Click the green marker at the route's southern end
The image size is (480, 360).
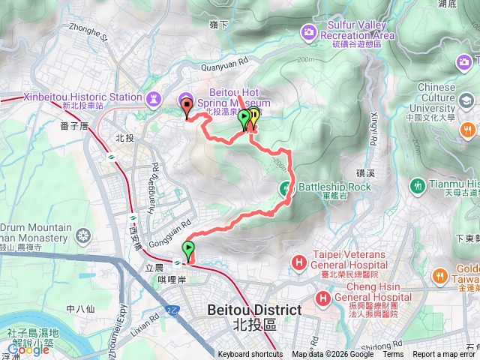187,249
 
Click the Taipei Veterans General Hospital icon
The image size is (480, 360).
299,262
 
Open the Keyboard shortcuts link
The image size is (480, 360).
250,355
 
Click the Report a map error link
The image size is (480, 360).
445,355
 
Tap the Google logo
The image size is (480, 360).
28,349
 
